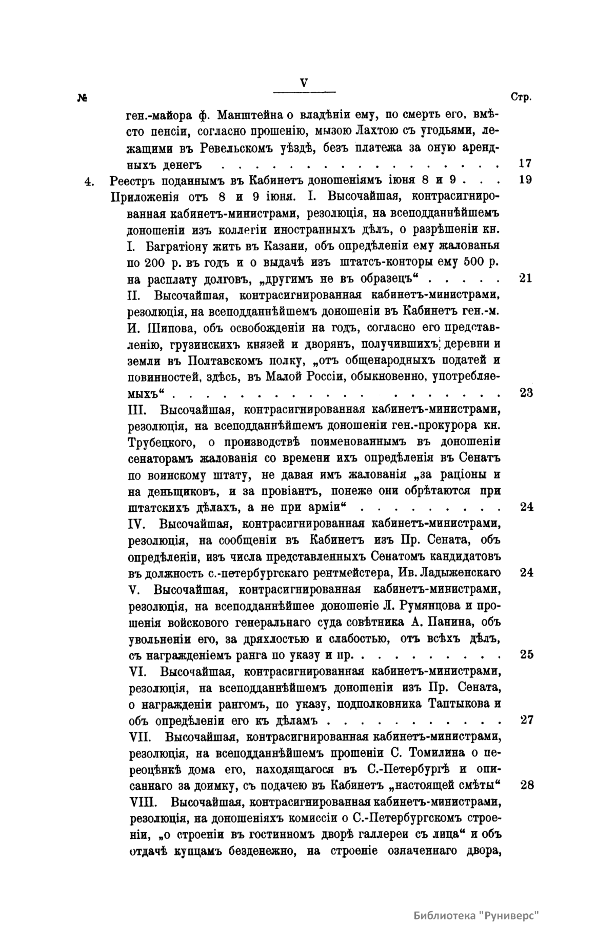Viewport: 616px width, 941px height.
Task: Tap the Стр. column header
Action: click(522, 97)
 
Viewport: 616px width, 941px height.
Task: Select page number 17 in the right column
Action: click(525, 164)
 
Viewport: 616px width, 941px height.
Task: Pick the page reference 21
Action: click(525, 278)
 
